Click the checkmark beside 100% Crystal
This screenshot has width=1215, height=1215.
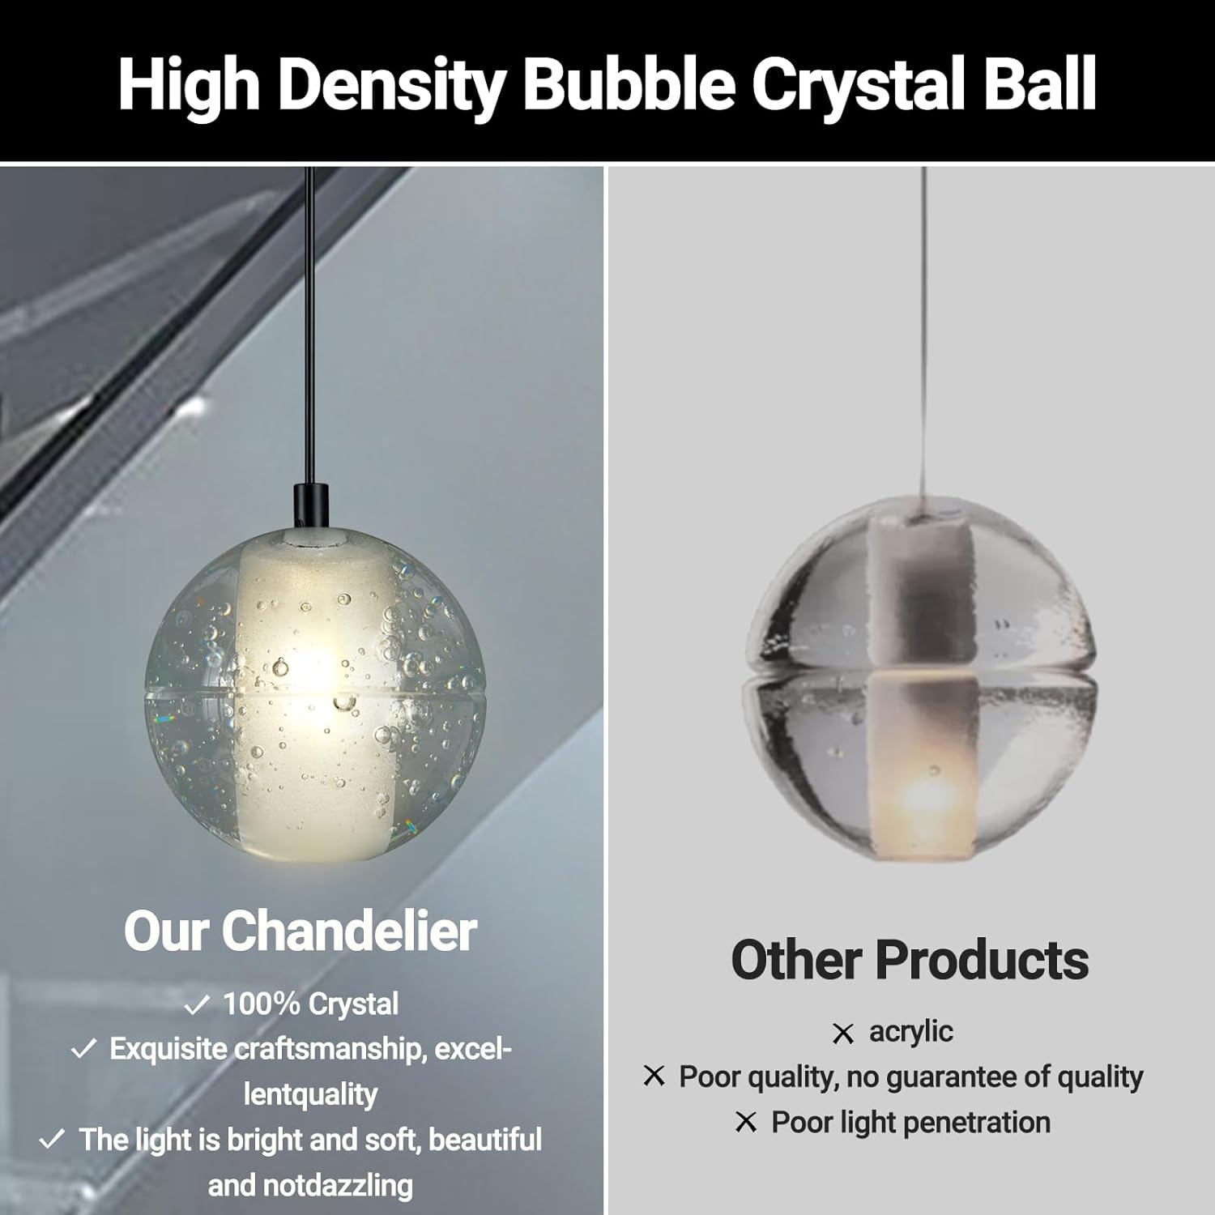pyautogui.click(x=195, y=1006)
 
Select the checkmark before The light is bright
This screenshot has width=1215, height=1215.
pyautogui.click(x=51, y=1140)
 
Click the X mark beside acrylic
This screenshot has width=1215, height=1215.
pyautogui.click(x=842, y=1034)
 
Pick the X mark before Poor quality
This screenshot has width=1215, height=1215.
pyautogui.click(x=653, y=1077)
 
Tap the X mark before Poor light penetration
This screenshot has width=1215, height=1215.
pyautogui.click(x=745, y=1123)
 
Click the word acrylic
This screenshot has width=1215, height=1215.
pyautogui.click(x=910, y=1032)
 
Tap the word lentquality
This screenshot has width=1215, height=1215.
pyautogui.click(x=310, y=1094)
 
